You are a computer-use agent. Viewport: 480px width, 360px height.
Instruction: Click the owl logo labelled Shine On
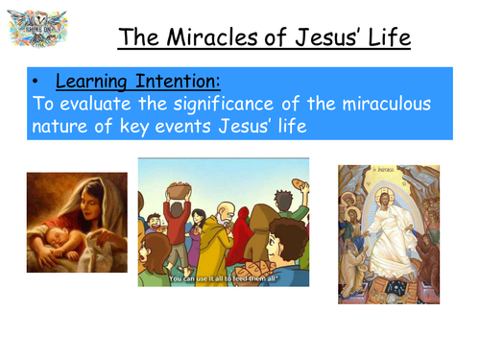tap(36, 32)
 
